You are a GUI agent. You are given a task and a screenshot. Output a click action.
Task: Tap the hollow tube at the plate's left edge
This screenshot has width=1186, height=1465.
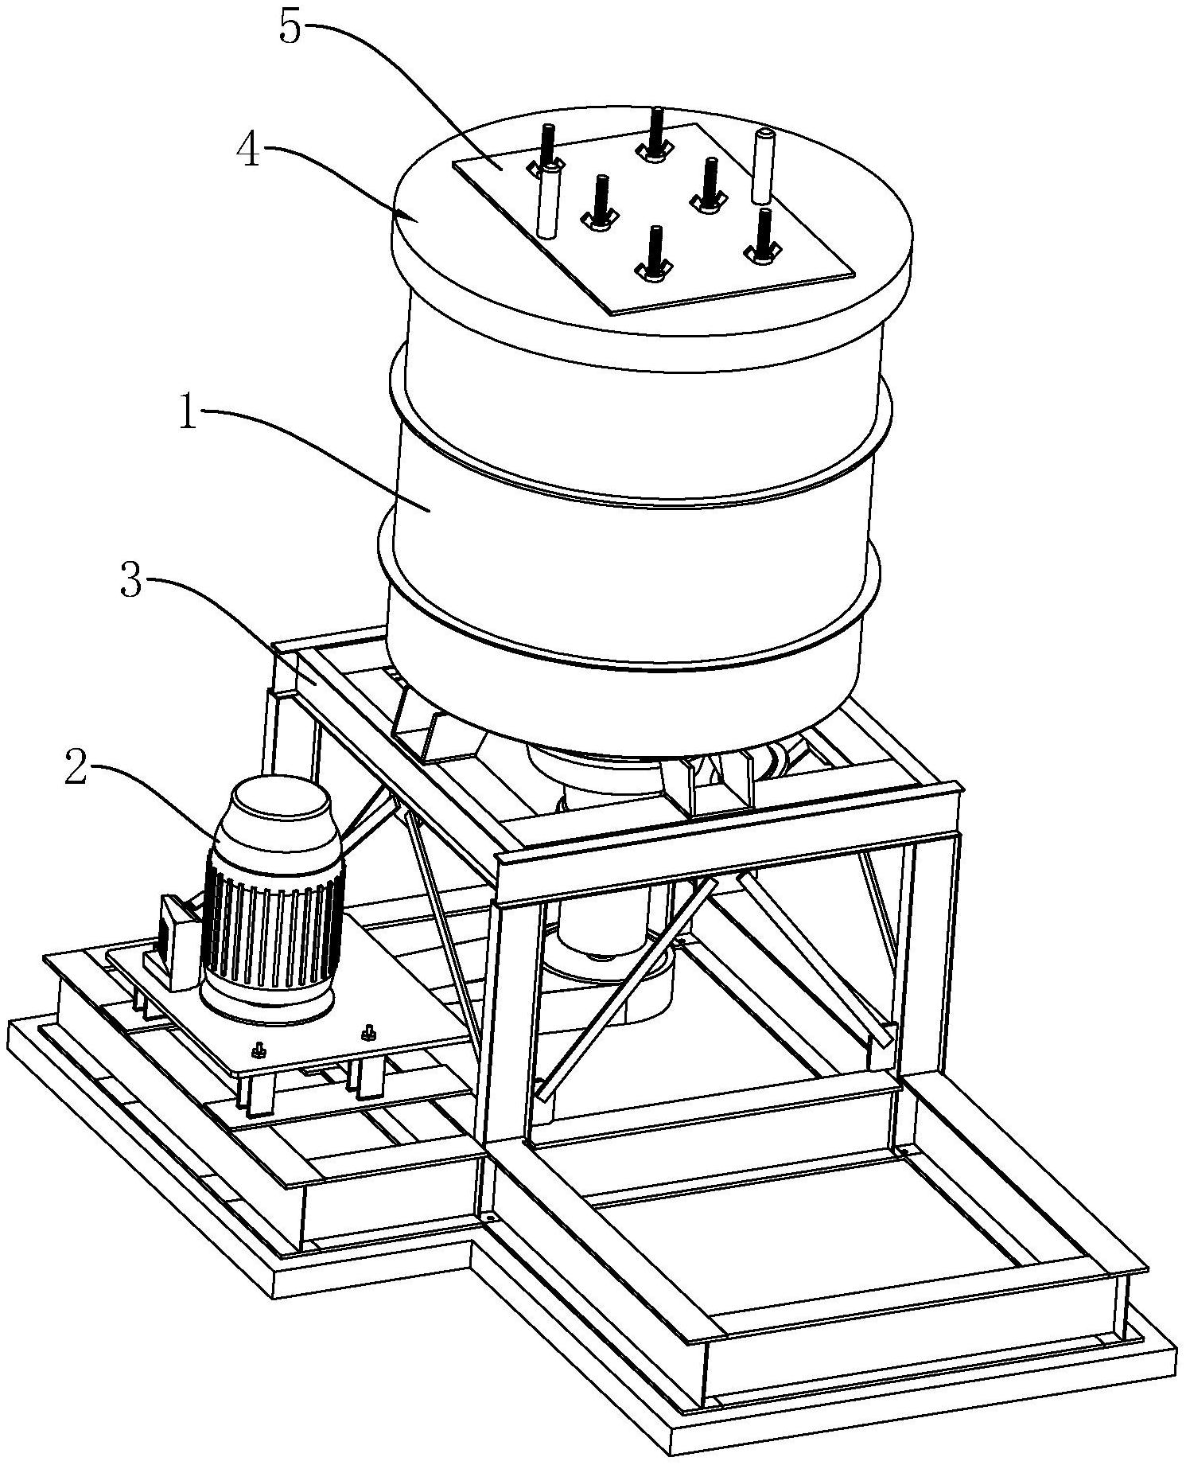click(546, 202)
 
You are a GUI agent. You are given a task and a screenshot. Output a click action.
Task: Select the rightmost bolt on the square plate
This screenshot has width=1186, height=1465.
click(761, 236)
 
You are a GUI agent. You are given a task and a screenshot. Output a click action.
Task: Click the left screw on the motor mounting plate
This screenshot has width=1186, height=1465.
click(258, 1050)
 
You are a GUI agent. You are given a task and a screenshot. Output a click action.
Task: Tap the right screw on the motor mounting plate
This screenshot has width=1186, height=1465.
click(369, 1031)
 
